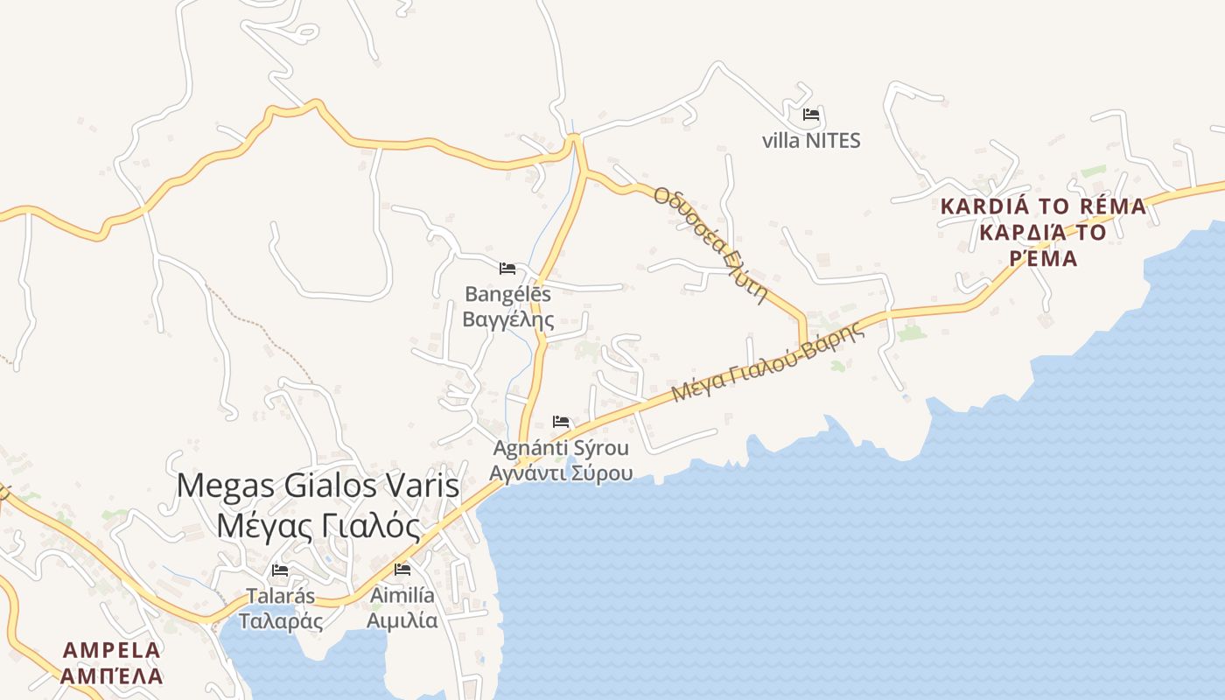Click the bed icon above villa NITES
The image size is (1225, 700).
811,115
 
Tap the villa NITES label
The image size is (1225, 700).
811,140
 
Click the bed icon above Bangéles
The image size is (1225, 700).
507,269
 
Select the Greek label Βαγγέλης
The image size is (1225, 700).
508,318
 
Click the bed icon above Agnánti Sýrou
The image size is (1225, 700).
561,423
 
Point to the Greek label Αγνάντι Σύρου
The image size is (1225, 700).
561,473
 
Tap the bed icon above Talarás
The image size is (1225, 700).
280,570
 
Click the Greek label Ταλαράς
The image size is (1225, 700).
281,621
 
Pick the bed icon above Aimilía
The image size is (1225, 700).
402,570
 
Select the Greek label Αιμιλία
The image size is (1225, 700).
402,620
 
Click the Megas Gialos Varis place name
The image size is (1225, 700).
318,486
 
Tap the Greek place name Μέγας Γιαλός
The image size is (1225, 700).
318,526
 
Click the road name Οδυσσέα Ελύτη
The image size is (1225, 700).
710,245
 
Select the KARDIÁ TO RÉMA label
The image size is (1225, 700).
1043,207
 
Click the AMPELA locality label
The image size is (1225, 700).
112,650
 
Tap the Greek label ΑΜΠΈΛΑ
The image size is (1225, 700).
112,676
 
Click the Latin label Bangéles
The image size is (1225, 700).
508,294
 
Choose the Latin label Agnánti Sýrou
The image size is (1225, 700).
561,449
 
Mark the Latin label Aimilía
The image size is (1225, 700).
402,596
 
